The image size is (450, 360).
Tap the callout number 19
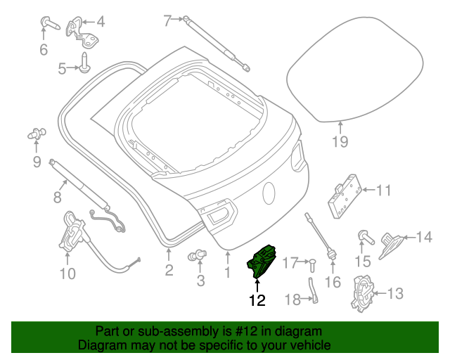(340, 143)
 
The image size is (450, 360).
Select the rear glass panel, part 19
(354, 77)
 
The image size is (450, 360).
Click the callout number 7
(167, 21)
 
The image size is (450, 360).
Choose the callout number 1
(227, 272)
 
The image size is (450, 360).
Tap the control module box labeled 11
(345, 193)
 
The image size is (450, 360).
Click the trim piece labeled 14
(391, 243)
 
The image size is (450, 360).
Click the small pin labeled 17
(312, 264)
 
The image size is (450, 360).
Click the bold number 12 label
(257, 300)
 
